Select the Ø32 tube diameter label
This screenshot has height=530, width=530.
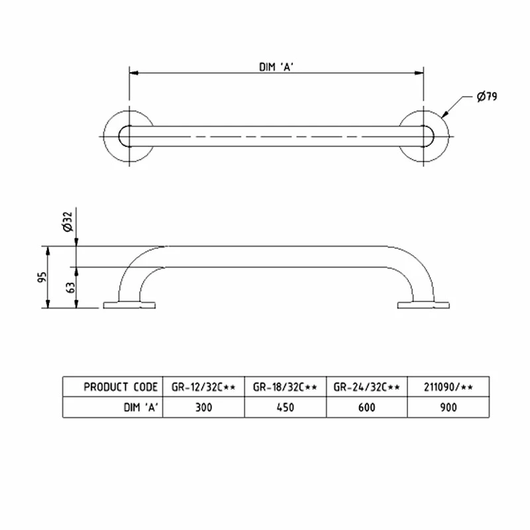66,226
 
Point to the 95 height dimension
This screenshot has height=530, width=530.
40,277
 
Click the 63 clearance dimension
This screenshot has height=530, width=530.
70,288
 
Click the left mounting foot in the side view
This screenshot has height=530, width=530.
129,305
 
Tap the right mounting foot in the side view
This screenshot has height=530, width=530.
424,305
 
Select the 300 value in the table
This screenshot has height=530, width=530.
203,407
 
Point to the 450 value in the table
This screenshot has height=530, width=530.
286,407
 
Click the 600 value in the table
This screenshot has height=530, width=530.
366,407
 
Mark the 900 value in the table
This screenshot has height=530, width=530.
447,407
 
